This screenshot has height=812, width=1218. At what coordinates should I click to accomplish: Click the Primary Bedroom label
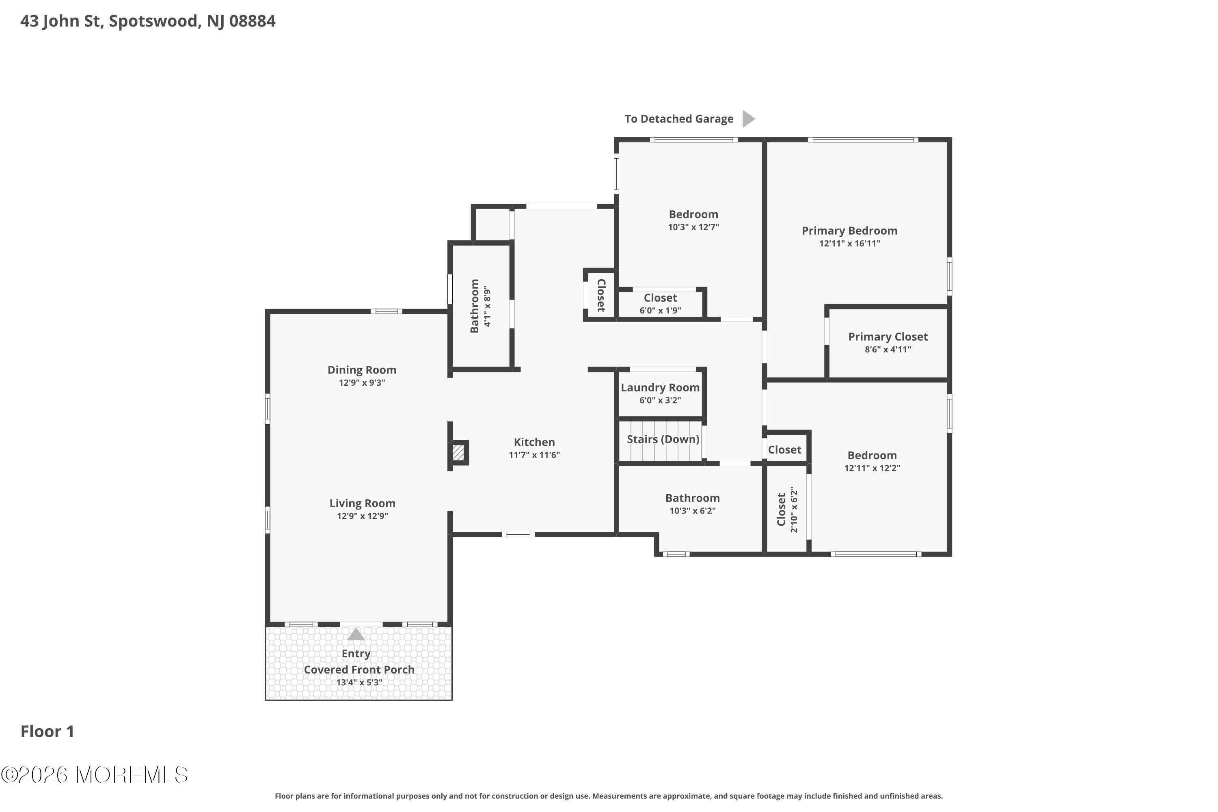(x=849, y=231)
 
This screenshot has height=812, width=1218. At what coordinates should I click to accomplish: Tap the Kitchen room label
(x=534, y=442)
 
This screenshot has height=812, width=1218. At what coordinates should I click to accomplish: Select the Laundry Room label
(x=660, y=388)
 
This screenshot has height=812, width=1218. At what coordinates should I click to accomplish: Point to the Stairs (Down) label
(x=663, y=439)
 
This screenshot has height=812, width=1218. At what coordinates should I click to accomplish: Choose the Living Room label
(x=363, y=503)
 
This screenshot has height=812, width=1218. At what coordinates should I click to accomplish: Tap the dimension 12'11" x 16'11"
(x=849, y=243)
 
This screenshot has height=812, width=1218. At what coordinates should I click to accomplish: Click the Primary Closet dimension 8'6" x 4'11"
(x=888, y=350)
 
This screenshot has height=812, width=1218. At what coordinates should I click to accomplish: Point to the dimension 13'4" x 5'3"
(x=359, y=682)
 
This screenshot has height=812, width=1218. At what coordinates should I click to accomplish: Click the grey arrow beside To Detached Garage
(x=748, y=119)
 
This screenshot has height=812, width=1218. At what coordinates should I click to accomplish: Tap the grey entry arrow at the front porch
(x=356, y=634)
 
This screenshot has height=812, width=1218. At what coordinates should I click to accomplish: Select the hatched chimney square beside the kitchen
(x=458, y=453)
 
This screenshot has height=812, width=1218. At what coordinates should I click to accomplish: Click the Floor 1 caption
(x=47, y=732)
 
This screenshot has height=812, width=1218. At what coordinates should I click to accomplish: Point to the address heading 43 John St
(x=148, y=21)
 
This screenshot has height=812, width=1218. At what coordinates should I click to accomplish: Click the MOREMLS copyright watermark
(x=94, y=775)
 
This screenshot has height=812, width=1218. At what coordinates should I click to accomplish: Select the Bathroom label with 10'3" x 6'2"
(x=692, y=498)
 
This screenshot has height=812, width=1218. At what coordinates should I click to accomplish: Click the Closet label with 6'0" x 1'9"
(x=660, y=298)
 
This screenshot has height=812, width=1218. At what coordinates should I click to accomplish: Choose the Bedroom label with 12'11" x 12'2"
(x=872, y=456)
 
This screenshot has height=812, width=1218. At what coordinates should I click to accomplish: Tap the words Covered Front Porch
(x=359, y=669)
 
